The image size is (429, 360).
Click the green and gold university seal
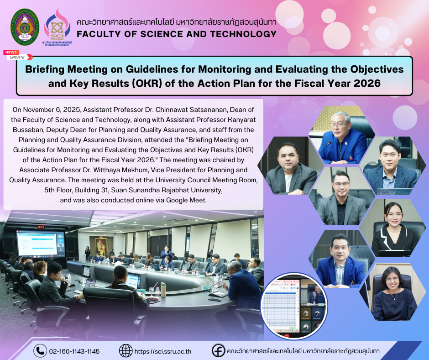pyautogui.click(x=25, y=27)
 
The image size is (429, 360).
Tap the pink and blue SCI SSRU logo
pyautogui.click(x=57, y=27)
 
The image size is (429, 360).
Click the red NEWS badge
pyautogui.click(x=11, y=53)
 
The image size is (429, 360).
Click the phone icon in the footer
pyautogui.click(x=40, y=351)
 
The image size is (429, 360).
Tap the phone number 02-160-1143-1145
pyautogui.click(x=74, y=351)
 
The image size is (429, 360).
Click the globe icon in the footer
pyautogui.click(x=126, y=351)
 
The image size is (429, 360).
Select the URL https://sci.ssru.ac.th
pyautogui.click(x=163, y=351)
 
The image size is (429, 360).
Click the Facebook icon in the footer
pyautogui.click(x=218, y=350)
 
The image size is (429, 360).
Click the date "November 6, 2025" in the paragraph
pyautogui.click(x=52, y=110)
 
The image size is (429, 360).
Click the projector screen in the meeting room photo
pyautogui.click(x=40, y=244)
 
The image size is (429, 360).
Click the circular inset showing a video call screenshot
pyautogui.click(x=294, y=307)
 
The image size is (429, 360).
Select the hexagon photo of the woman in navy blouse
pyautogui.click(x=393, y=292)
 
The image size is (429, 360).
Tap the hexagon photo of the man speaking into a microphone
pyautogui.click(x=342, y=135)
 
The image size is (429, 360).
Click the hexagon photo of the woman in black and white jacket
pyautogui.click(x=393, y=228)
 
